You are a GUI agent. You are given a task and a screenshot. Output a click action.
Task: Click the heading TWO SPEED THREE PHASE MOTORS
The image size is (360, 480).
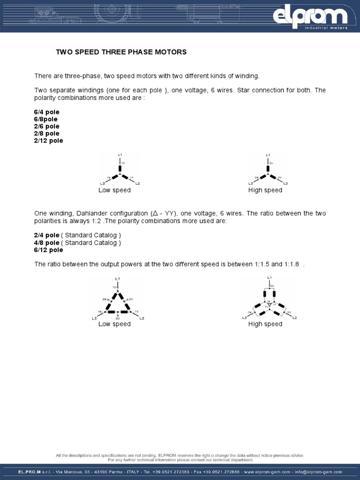click(x=121, y=52)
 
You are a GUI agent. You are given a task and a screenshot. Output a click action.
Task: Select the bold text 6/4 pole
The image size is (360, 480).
click(x=46, y=112)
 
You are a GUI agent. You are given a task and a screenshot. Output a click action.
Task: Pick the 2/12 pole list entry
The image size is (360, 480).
click(x=48, y=140)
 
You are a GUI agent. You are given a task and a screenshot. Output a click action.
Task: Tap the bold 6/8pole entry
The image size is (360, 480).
click(x=45, y=119)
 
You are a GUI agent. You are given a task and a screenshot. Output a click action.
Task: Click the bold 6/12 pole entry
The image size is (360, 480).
click(x=48, y=250)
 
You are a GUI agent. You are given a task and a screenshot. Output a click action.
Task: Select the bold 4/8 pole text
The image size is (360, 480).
click(x=46, y=243)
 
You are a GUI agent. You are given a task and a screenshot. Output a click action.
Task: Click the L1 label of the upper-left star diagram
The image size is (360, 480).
click(x=120, y=154)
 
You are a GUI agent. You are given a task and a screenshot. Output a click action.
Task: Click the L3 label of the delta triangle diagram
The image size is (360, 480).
click(x=94, y=318)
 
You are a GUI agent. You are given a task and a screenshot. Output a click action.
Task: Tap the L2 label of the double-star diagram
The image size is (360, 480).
click(x=294, y=318)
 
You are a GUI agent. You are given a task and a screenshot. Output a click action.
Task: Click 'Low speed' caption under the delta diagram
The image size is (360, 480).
click(x=114, y=324)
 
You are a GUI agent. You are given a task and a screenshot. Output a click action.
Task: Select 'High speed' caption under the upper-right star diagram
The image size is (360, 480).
click(x=265, y=190)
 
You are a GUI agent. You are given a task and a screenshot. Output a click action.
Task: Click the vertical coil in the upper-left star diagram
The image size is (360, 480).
click(x=120, y=168)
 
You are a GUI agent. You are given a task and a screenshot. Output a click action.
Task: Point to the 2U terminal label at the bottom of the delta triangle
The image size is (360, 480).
click(x=117, y=317)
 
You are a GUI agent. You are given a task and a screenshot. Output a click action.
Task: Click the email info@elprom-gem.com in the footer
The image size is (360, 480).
click(x=319, y=472)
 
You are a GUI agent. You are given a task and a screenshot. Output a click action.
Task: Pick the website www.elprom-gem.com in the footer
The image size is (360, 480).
click(x=268, y=472)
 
